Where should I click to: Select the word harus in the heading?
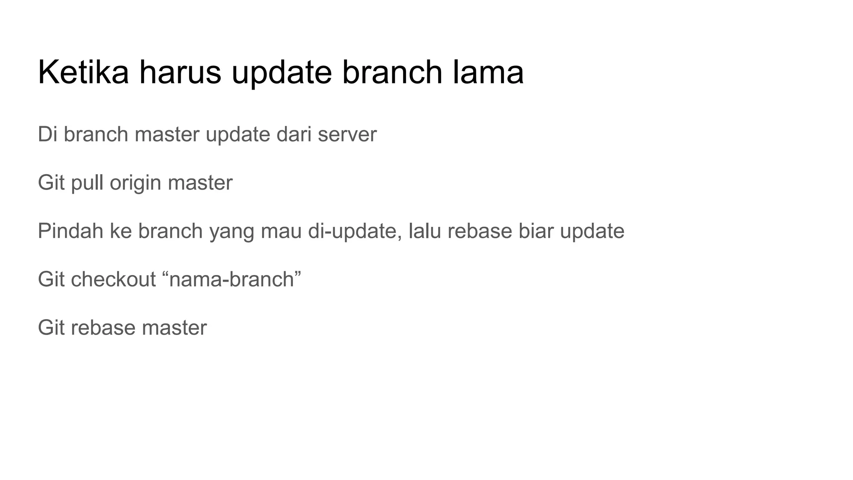click(180, 72)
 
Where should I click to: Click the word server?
click(347, 135)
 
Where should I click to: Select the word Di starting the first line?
click(47, 135)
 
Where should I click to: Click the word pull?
click(87, 183)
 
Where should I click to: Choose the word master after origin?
click(200, 183)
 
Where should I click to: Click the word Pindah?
click(70, 231)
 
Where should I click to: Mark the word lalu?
click(424, 231)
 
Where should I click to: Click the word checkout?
click(113, 279)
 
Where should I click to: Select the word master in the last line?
click(174, 327)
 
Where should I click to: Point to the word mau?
click(281, 232)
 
